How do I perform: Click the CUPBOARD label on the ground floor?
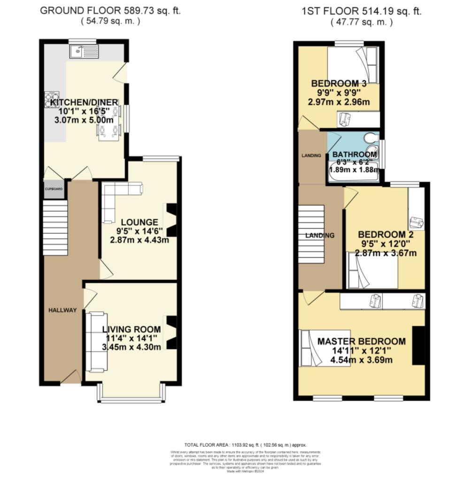pos(54,189)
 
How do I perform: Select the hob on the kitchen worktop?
pos(51,100)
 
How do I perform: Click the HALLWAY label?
pos(63,310)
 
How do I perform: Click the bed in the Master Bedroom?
pos(325,348)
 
